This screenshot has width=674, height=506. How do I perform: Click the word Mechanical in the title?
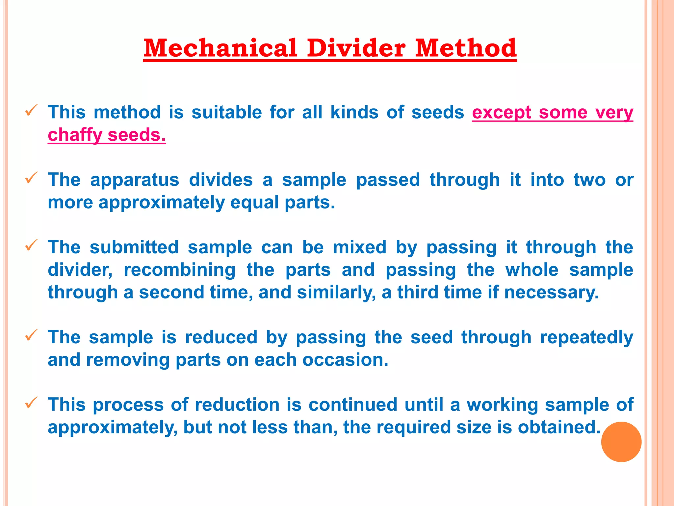coord(220,48)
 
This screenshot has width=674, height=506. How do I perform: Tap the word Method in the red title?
coord(465,48)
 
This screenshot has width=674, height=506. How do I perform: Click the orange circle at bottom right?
coord(621,442)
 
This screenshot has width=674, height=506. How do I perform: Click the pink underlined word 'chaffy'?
coord(75,135)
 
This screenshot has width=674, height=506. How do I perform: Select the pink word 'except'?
coord(501,113)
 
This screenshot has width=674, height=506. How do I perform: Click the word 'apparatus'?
coord(135,180)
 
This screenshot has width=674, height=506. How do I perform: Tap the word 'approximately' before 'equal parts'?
coord(161,203)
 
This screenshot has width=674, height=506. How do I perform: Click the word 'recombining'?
coord(179,270)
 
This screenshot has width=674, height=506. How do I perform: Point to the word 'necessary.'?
coord(551,293)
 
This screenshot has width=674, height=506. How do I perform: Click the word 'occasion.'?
coord(345,360)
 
